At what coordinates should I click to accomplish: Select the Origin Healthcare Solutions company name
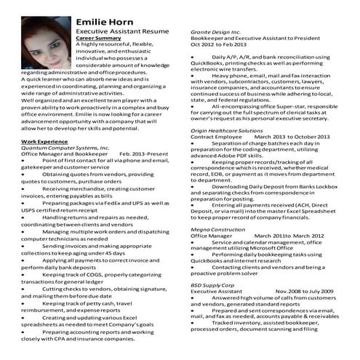226,131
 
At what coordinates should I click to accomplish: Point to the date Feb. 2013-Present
145,155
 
